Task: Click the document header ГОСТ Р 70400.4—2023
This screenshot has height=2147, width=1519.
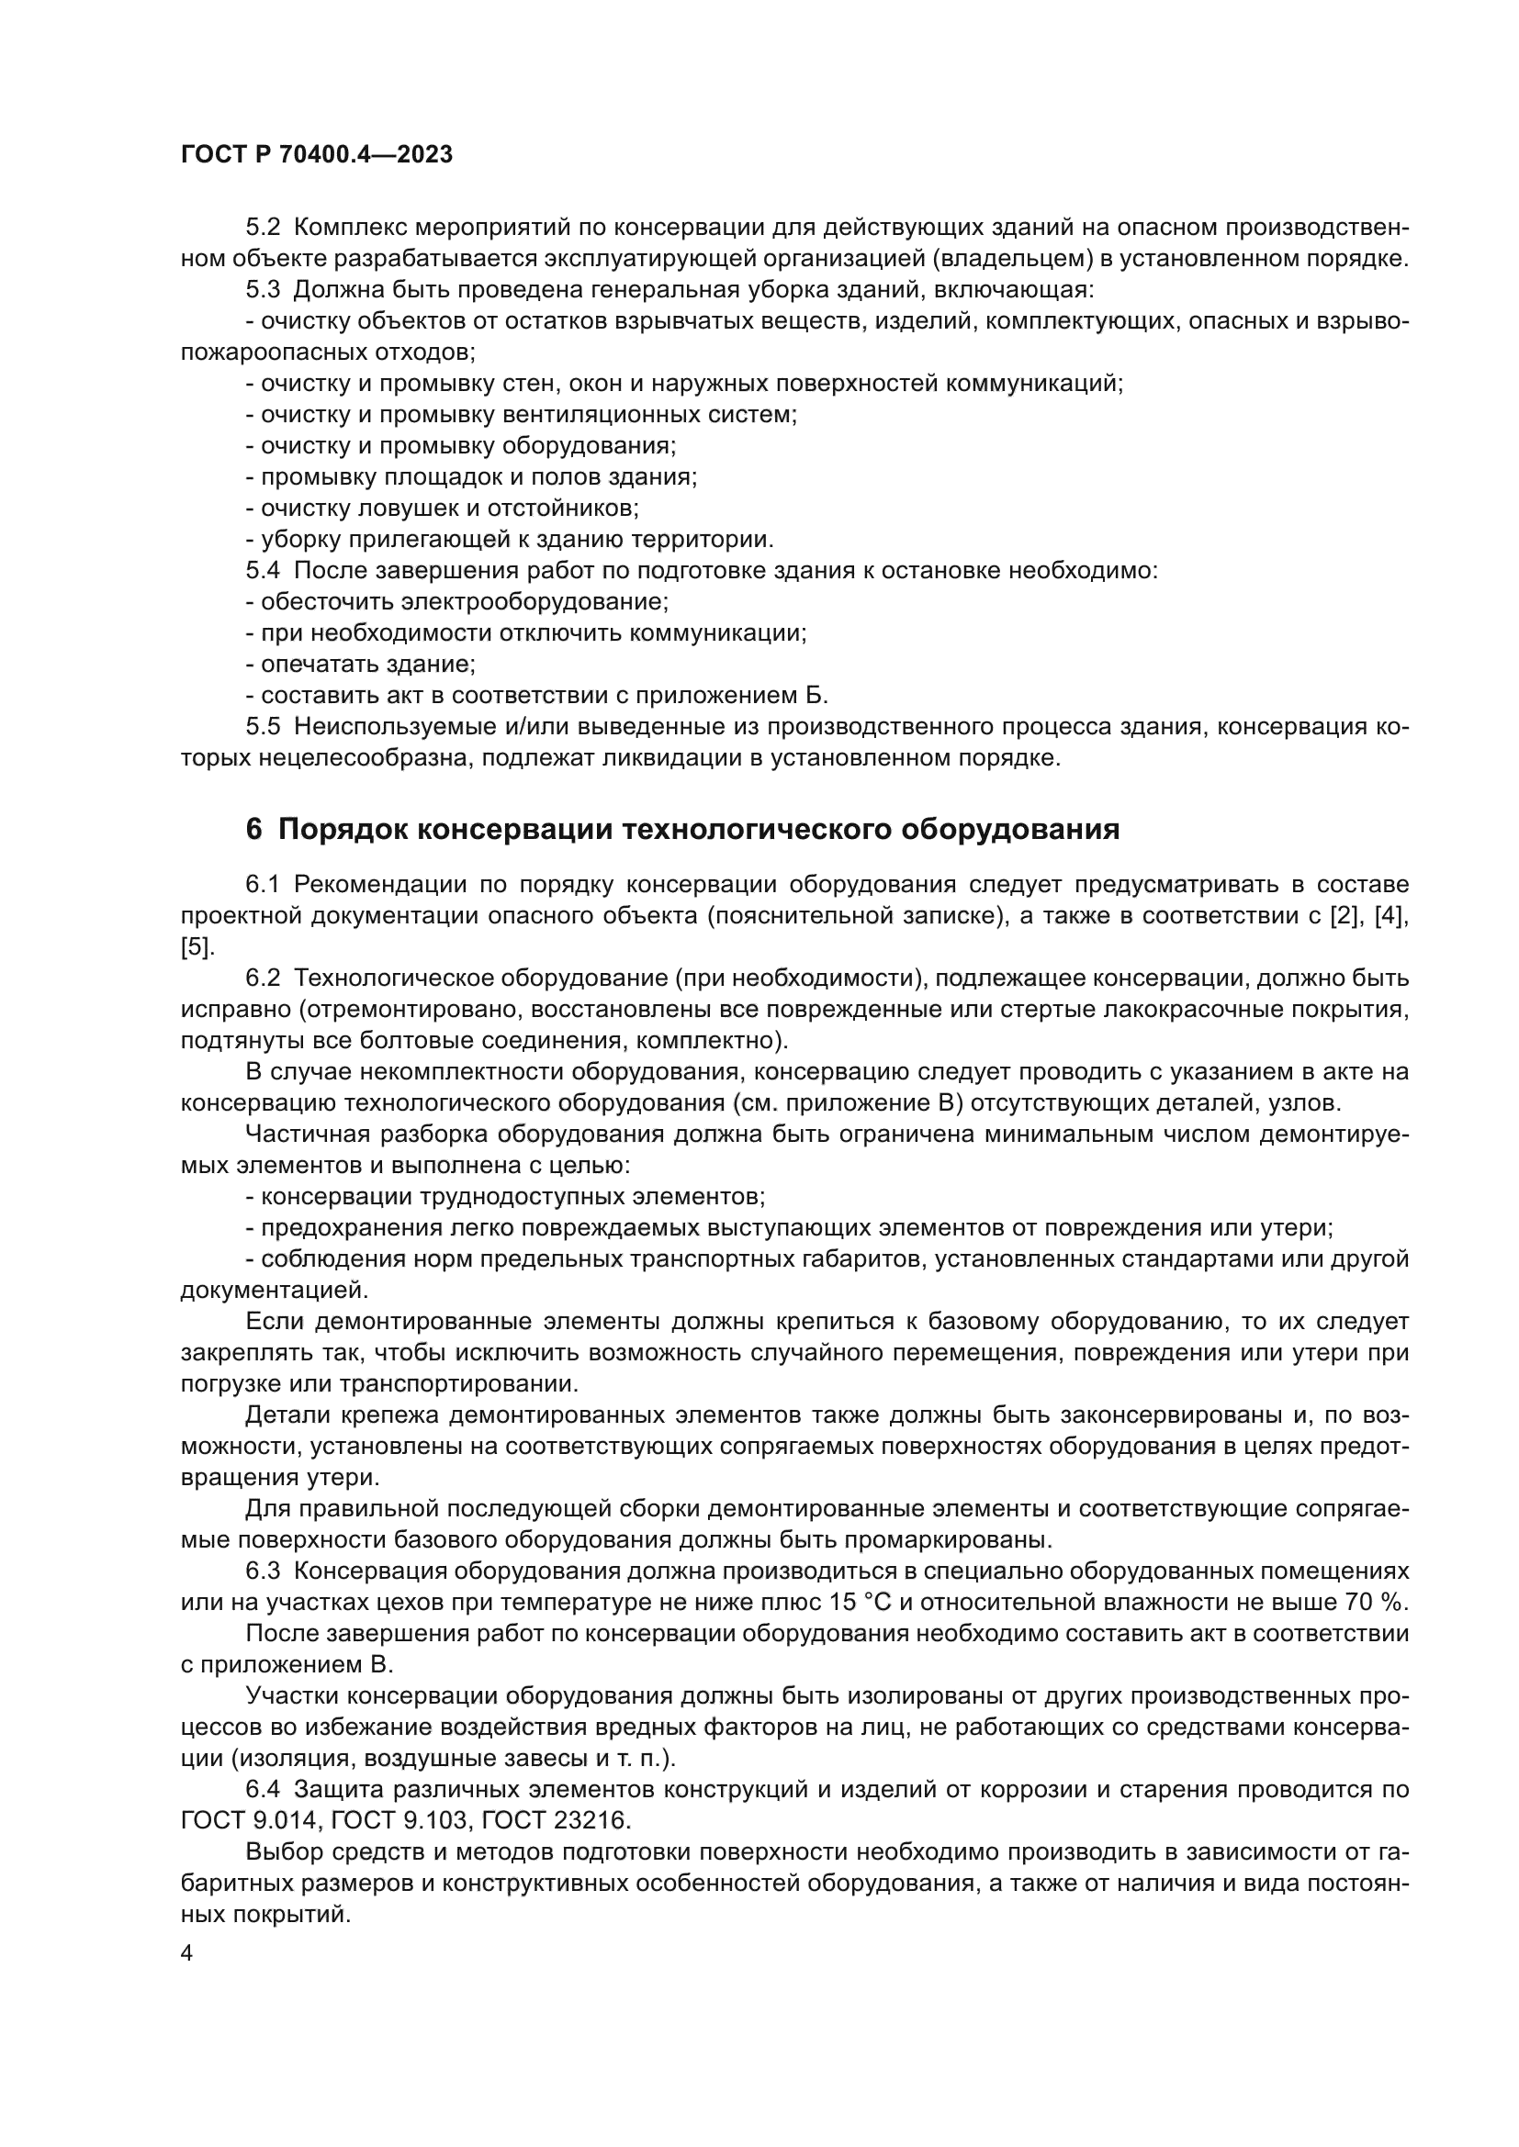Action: [316, 154]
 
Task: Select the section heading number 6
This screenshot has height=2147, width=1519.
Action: [253, 830]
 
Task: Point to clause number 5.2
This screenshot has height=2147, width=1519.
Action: [262, 228]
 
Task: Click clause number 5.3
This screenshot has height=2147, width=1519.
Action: [262, 290]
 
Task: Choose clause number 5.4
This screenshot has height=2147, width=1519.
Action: [262, 570]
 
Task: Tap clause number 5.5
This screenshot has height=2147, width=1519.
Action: [262, 727]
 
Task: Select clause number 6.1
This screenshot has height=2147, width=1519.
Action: [262, 885]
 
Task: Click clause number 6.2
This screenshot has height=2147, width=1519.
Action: [262, 978]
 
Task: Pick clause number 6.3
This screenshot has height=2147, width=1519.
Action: [262, 1570]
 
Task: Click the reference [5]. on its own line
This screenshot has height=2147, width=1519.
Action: [197, 946]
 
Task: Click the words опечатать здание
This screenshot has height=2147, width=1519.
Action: [367, 664]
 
